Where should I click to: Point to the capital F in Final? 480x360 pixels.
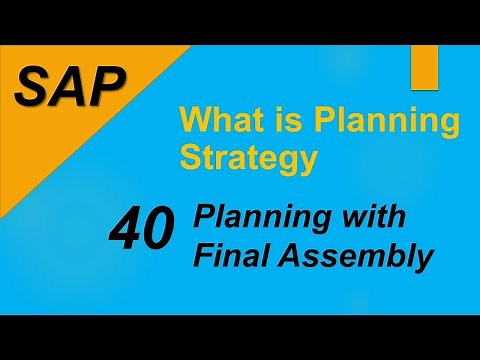(203, 256)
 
